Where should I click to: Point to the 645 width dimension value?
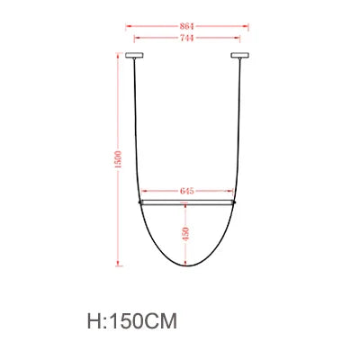pos(187,192)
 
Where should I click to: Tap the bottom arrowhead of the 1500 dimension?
pos(119,266)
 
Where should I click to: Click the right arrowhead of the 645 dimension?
pos(231,192)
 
